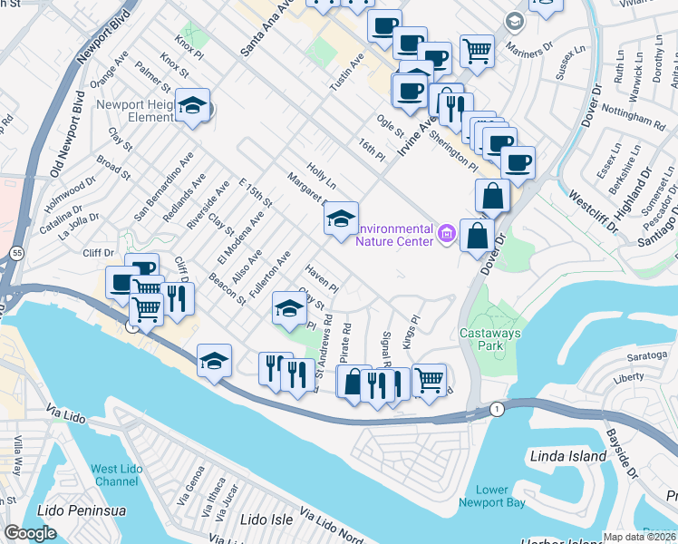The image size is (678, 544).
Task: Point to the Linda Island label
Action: click(x=567, y=456)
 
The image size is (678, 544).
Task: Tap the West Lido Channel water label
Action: click(x=116, y=475)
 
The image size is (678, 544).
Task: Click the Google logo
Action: click(x=30, y=533)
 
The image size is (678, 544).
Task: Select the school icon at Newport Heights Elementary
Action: click(x=192, y=107)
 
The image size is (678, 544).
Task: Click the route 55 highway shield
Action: click(x=19, y=256)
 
